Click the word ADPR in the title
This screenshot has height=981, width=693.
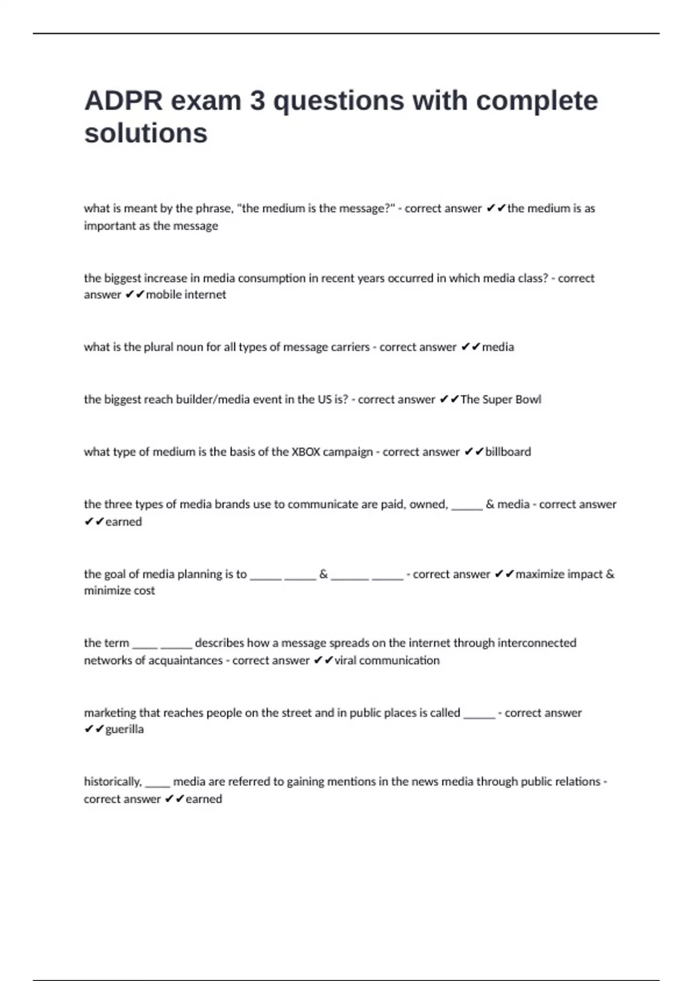coord(123,101)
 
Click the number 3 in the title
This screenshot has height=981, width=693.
coord(258,101)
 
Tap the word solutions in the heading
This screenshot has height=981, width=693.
coord(146,133)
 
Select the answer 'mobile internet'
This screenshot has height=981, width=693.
coord(186,295)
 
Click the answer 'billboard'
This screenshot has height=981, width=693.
coord(508,452)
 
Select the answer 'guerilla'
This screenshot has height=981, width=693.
coord(124,729)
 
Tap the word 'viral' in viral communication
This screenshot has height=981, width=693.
coord(345,660)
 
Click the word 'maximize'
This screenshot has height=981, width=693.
coord(539,574)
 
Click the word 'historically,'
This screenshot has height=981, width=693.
coord(113,782)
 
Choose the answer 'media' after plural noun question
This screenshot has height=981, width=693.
coord(498,347)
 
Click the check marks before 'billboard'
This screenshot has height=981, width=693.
coord(474,452)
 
